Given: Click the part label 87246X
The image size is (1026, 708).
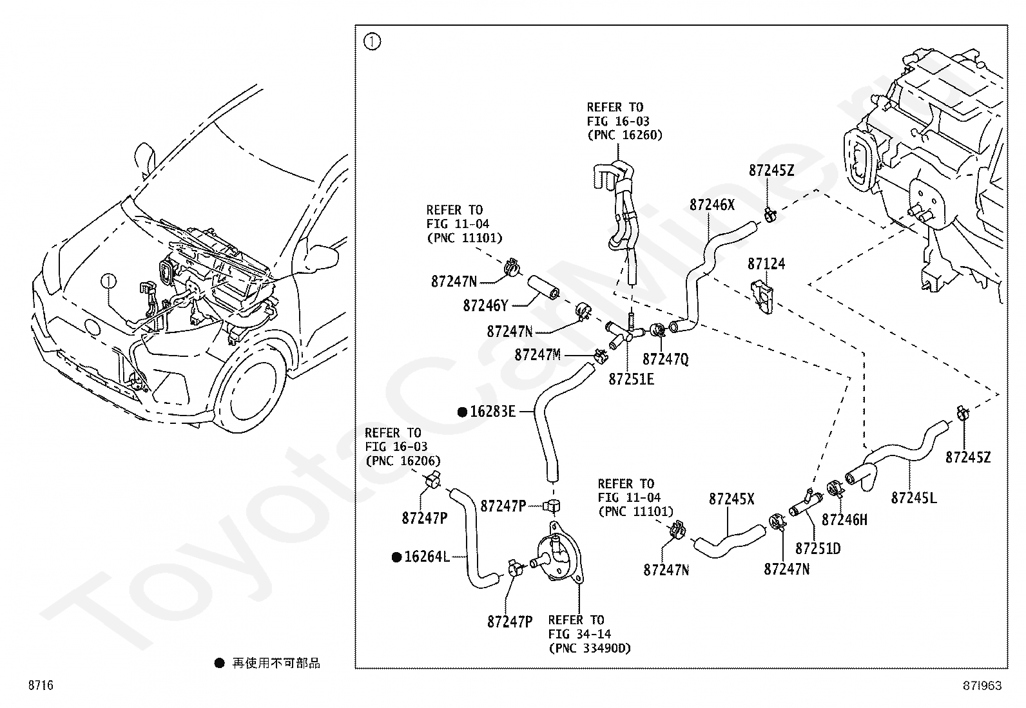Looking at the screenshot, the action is pos(711,205).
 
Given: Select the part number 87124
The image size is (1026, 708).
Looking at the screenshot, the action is pos(766,263).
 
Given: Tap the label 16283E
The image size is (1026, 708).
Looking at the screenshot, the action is pos(493,411).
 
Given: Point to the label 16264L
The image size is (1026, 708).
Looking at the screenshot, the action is pos(427,557).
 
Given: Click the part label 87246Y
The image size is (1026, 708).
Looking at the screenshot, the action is pos(486,305).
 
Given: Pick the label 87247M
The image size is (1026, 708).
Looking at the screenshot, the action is pos(537,354).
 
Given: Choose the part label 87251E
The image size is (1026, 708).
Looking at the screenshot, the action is pos(631,379).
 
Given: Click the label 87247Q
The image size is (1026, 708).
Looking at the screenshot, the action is pos(666,359).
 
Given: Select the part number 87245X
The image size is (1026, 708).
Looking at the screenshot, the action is pos(731,499).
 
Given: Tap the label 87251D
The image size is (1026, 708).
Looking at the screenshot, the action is pos(818,548).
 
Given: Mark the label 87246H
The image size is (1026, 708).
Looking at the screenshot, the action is pos(845,520).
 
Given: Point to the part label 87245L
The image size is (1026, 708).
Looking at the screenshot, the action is pos(914,498).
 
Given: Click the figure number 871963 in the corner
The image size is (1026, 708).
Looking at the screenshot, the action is pos(982,685).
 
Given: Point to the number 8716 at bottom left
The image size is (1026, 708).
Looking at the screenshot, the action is pos(41,685).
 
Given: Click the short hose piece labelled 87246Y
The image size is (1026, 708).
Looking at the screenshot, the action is pos(544,287).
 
